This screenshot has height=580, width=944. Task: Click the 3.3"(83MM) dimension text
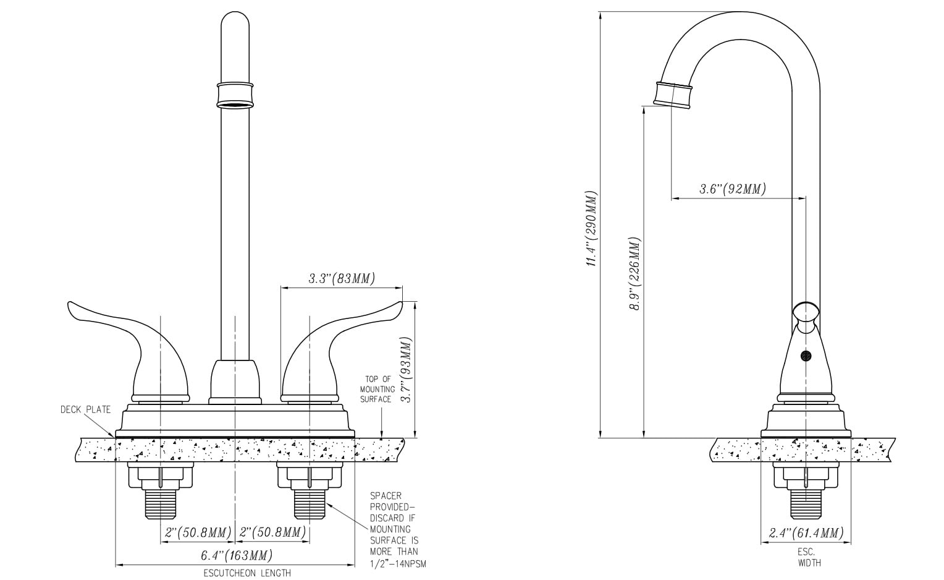[x=342, y=278]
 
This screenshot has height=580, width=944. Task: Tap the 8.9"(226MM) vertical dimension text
[x=634, y=273]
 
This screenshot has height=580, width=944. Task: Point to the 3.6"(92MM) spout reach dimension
[x=733, y=189]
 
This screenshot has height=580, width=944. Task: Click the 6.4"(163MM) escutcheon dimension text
[x=237, y=555]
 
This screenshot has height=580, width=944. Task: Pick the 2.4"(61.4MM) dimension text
[x=806, y=533]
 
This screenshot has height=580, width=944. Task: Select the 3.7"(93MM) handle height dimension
[x=406, y=370]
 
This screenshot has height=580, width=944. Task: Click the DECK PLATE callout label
[x=85, y=409]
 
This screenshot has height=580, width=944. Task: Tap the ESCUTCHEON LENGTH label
[x=247, y=573]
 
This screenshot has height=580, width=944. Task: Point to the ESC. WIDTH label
[x=806, y=557]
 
